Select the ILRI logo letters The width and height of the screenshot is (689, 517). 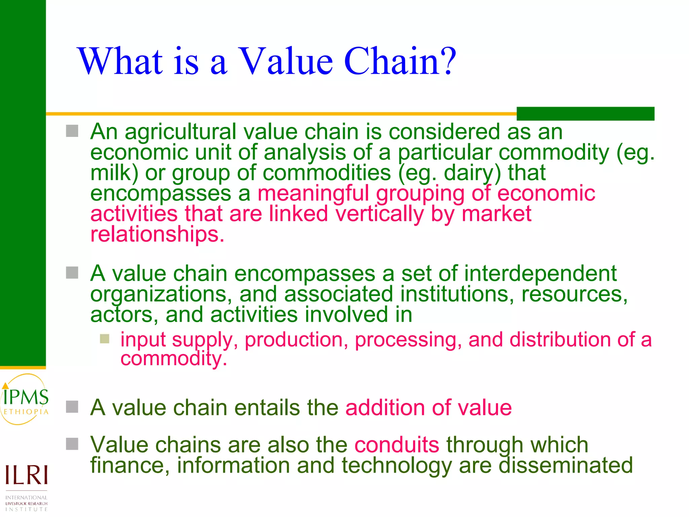pos(26,475)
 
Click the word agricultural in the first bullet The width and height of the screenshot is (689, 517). pos(181,132)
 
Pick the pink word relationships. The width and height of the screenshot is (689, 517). pos(157,234)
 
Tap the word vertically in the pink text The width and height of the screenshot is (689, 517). pos(379,214)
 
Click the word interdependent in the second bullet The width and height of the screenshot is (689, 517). pos(540,273)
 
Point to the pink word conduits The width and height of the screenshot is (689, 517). pos(397,445)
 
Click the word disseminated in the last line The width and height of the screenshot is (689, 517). pos(566,465)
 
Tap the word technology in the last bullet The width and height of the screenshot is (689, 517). pos(396,466)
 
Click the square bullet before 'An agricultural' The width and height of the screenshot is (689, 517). pos(72,131)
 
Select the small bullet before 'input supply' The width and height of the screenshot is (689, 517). pos(105,339)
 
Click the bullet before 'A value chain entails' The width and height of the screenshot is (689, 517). pos(72,407)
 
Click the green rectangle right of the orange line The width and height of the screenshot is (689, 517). pos(585,113)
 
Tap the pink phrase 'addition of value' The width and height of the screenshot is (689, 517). pos(428,408)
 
